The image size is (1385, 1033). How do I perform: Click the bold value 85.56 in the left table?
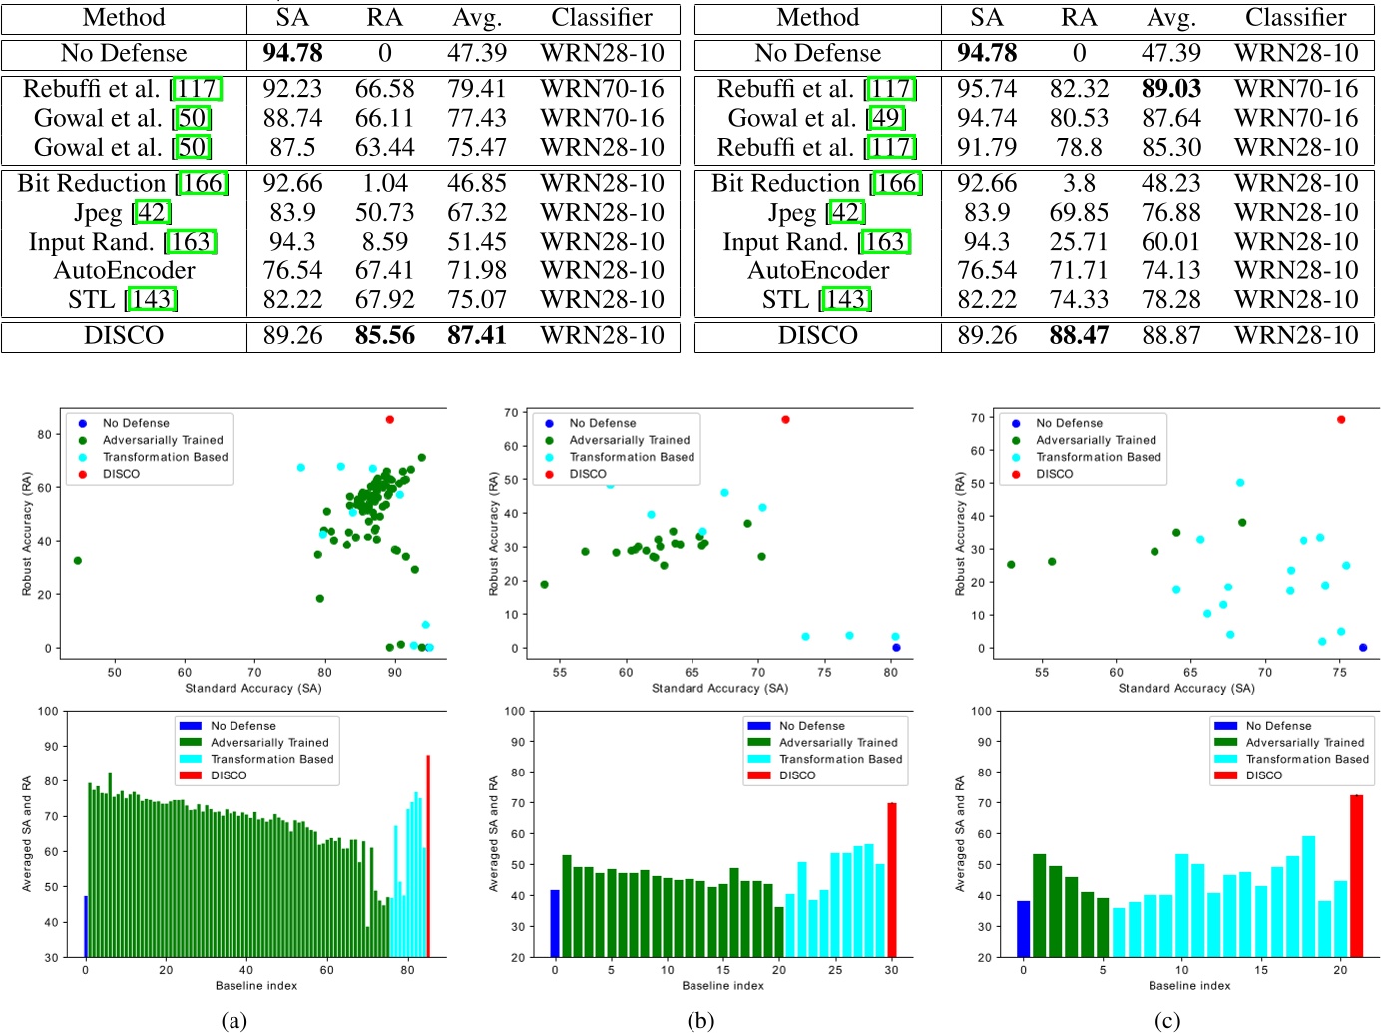pos(384,336)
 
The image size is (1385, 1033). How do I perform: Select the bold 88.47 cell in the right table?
pos(1079,336)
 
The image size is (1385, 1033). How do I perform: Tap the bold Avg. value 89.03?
pos(1170,89)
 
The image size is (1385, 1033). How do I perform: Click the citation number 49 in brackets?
pos(887,118)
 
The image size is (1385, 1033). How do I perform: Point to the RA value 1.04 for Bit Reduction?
pos(384,184)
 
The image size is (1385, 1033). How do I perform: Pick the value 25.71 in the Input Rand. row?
pos(1079,242)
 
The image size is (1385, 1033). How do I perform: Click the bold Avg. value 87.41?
pos(476,336)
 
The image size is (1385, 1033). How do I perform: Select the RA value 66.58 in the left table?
pos(384,89)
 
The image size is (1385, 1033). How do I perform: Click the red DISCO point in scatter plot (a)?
pos(390,420)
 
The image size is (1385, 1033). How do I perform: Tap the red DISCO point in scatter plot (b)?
pos(785,420)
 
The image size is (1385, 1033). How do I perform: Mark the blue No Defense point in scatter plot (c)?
pos(1363,648)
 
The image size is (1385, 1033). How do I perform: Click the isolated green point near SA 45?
pos(78,561)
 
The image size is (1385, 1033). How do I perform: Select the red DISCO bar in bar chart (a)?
pos(428,858)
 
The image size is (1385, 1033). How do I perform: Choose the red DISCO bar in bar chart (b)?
pos(892,878)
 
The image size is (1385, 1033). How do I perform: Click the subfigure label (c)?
pos(1166,1020)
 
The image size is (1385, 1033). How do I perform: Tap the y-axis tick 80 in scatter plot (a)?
pos(44,435)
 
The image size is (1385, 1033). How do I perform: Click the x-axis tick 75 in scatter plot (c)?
pos(1340,672)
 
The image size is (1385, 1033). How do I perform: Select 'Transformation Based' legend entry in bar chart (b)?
pos(840,759)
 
